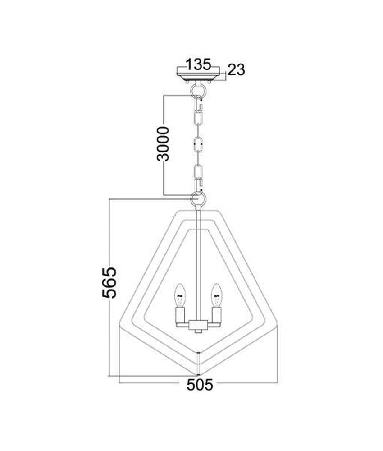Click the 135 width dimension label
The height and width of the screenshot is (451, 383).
pyautogui.click(x=199, y=64)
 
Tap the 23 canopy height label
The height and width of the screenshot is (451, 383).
pyautogui.click(x=236, y=69)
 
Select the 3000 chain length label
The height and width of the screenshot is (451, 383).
pyautogui.click(x=164, y=143)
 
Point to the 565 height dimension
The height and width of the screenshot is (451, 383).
pyautogui.click(x=109, y=282)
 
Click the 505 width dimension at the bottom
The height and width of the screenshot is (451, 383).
pyautogui.click(x=200, y=385)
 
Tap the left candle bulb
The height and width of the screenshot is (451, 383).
pyautogui.click(x=180, y=295)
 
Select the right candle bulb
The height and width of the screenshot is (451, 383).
pyautogui.click(x=216, y=295)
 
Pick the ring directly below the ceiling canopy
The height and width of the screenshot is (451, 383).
pyautogui.click(x=198, y=91)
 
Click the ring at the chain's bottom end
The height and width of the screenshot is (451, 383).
pyautogui.click(x=198, y=198)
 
